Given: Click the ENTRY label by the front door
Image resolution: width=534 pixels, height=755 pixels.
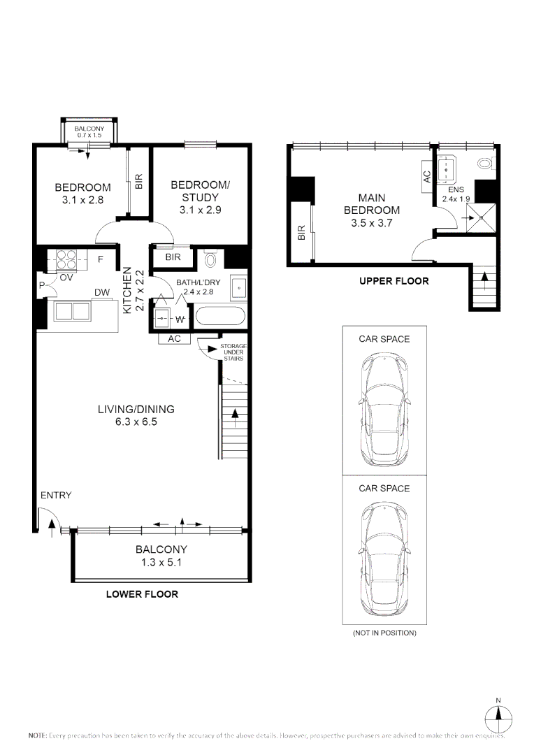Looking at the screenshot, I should [56, 495].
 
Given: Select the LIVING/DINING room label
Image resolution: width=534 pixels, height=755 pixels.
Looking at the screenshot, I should [136, 410].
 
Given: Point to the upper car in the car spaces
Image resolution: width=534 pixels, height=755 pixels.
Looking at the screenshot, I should [384, 405].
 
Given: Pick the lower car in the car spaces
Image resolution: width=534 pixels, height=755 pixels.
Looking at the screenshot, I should [384, 555].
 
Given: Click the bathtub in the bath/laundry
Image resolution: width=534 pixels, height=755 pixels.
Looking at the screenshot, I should [219, 317].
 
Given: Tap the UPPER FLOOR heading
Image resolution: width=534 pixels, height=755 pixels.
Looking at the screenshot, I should [394, 281].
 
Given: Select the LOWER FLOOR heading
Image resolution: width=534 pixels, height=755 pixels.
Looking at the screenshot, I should [142, 594].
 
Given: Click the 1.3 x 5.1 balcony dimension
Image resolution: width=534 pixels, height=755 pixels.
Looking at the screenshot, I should [161, 561].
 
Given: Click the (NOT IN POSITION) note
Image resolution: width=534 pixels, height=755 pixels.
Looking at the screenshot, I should [384, 633].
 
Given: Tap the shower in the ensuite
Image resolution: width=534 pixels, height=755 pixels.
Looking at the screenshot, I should [480, 218].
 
